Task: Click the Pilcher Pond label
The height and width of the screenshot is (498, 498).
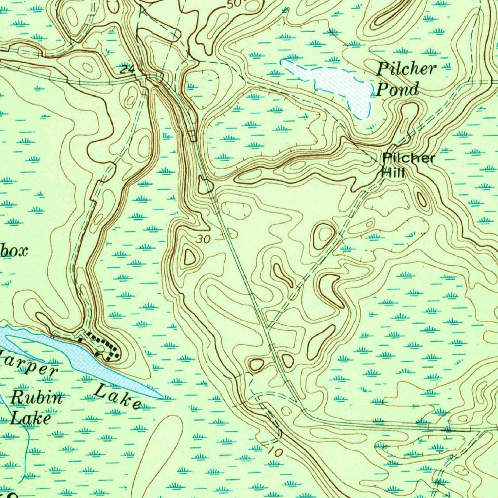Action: [405, 79]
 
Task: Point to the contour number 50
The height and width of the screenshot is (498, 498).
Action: [234, 4]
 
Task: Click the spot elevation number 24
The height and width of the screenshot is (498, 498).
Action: [127, 70]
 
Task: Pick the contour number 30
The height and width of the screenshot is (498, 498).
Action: [205, 239]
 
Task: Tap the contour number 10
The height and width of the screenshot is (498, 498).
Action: [275, 451]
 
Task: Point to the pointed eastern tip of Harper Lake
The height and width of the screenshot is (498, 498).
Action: [160, 397]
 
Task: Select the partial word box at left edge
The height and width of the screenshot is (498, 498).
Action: [14, 251]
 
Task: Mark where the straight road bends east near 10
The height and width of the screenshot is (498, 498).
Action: [302, 412]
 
